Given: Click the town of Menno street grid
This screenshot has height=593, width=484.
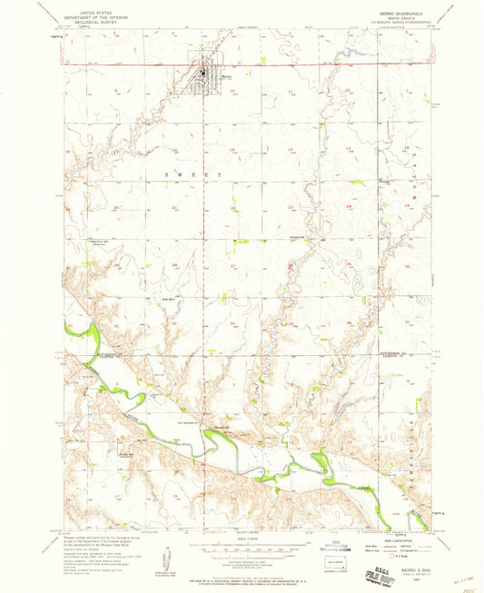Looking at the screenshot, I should pyautogui.click(x=204, y=77).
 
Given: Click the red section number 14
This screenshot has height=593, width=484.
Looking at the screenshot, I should pyautogui.click(x=291, y=148).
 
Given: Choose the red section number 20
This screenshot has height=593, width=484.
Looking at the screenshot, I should pyautogui.click(x=117, y=208).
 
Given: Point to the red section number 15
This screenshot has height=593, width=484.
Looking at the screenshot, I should pyautogui.click(x=233, y=148).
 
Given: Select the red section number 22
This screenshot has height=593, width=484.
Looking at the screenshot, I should pyautogui.click(x=233, y=208).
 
